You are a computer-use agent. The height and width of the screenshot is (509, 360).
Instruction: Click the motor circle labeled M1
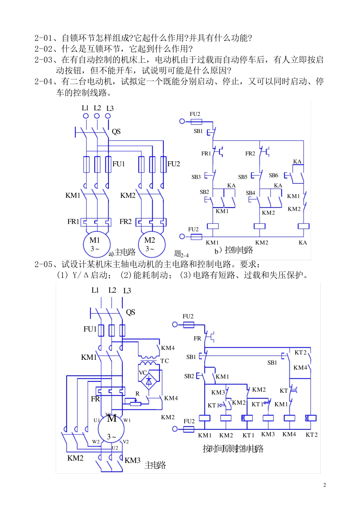coord(97,244)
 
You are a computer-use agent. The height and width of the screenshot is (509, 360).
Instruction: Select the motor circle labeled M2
coord(152,244)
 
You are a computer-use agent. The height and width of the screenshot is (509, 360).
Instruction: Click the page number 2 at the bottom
coord(324,485)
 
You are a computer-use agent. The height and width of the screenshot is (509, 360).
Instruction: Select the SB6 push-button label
coord(273,175)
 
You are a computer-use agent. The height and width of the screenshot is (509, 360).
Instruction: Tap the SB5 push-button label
coord(243,177)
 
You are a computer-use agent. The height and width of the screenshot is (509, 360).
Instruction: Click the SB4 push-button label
coord(250,193)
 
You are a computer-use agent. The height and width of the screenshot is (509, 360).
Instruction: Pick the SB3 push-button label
coord(196,177)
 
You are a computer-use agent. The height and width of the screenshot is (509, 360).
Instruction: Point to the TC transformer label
coord(164,361)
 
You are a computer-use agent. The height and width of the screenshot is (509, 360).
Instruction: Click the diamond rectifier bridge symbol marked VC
coord(149,381)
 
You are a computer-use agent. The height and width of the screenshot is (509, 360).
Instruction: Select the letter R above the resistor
coord(137,394)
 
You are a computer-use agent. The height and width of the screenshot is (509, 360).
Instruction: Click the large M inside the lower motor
coord(112,418)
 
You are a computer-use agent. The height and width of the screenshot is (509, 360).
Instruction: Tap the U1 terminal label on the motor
coord(97,420)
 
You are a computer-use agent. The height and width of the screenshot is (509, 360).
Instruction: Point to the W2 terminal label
coord(95,442)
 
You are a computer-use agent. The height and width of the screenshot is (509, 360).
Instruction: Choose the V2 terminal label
coord(126,442)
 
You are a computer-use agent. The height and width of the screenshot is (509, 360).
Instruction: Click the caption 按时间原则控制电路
coord(233,449)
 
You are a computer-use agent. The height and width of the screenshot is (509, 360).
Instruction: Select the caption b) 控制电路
coord(234,250)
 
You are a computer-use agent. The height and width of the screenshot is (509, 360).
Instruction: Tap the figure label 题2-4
coord(181,254)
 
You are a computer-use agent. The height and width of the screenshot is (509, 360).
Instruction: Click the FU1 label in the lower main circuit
coord(90,329)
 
